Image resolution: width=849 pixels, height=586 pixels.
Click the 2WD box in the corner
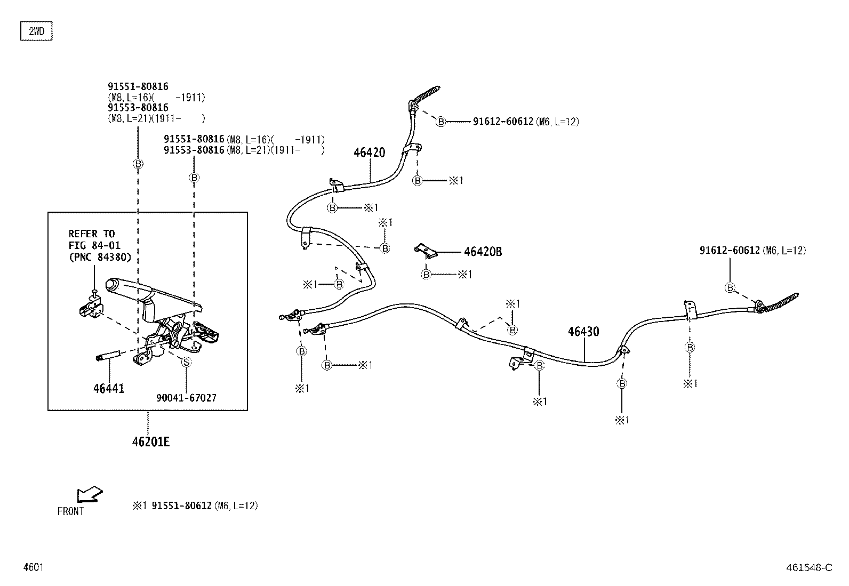[36, 31]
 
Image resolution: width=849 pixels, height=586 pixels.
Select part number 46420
[369, 152]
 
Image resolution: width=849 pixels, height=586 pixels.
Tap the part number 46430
[583, 332]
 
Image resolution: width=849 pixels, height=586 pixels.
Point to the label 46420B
[483, 252]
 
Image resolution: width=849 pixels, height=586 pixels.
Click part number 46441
[109, 389]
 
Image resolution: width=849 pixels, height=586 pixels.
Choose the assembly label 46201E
[151, 442]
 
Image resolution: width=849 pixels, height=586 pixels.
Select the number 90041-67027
[187, 398]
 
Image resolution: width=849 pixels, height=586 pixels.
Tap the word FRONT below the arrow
[70, 511]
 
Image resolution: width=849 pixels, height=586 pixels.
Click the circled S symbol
[186, 363]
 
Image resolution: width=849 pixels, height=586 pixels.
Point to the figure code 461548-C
[809, 567]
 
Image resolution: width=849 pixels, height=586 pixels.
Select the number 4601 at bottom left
[34, 567]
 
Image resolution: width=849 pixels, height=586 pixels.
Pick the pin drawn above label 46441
[109, 356]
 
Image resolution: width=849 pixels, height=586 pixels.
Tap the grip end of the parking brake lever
[112, 285]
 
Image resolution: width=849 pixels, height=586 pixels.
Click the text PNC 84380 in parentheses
[100, 258]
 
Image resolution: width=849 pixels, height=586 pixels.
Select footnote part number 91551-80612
[181, 505]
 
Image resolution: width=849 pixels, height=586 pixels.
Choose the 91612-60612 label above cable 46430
[730, 251]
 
